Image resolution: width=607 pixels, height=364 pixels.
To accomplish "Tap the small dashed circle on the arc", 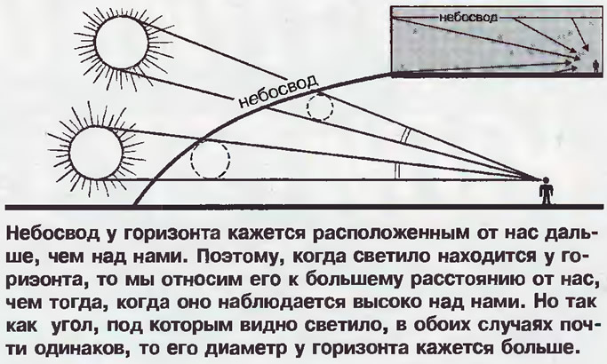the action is click(320, 107).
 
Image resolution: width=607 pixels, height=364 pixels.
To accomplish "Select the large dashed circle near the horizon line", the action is click(211, 160).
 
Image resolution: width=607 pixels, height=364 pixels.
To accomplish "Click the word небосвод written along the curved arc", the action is click(279, 91).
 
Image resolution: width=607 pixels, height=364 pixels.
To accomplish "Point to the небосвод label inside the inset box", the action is click(467, 18).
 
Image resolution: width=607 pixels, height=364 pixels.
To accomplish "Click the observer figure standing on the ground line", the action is click(546, 191).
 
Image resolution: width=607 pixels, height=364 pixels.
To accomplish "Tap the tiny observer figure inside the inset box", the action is click(595, 66).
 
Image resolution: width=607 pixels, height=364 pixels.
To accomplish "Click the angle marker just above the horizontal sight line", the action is click(397, 170).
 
